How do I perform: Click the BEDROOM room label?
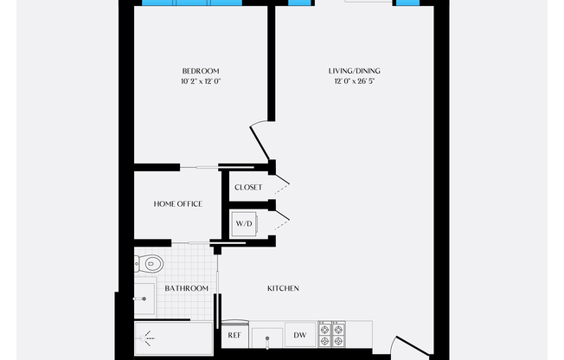tap(201, 71)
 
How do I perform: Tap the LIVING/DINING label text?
tap(355, 71)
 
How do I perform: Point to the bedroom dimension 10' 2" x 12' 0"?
tap(201, 81)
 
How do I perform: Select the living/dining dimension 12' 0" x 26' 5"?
tap(355, 81)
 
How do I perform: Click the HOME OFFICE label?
tap(178, 203)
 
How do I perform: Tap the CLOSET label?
tap(248, 187)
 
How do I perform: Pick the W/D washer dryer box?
tap(244, 224)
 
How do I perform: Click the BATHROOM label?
tap(187, 288)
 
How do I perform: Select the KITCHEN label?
tap(283, 288)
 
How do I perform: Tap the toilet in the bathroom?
tap(149, 264)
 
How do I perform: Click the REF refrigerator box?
tap(235, 334)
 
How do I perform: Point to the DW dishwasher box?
tap(300, 335)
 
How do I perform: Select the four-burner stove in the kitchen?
tap(331, 334)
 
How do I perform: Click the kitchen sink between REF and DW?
tap(267, 338)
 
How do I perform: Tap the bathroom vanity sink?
tap(144, 299)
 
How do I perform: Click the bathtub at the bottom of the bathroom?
tap(173, 338)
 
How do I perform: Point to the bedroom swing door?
tap(260, 141)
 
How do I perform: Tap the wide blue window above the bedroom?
tap(192, 3)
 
